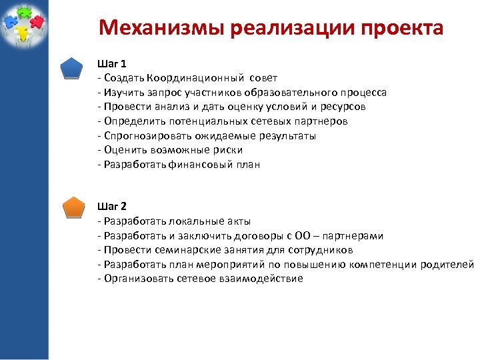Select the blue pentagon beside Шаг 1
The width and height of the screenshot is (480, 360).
pyautogui.click(x=71, y=68)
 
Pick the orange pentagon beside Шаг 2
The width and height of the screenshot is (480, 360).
pyautogui.click(x=71, y=207)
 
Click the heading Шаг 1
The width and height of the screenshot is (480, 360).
pyautogui.click(x=111, y=64)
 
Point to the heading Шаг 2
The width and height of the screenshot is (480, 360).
pyautogui.click(x=111, y=206)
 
